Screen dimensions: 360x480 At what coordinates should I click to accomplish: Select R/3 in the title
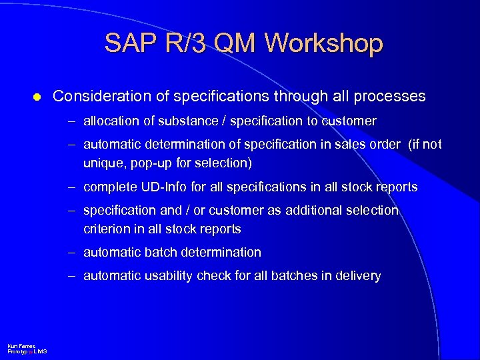click(185, 43)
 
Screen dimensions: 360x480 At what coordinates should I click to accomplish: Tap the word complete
click(108, 187)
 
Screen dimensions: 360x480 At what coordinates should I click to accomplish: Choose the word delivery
click(358, 276)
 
